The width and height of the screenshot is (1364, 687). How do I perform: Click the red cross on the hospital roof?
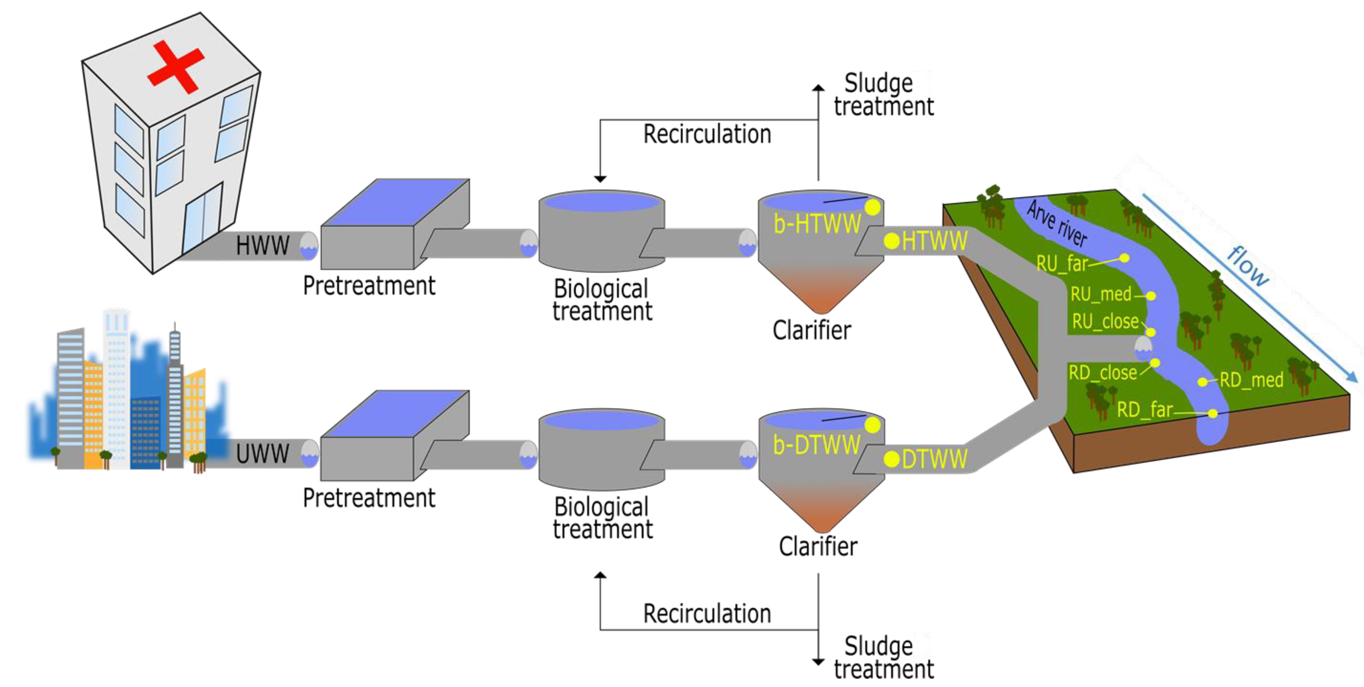pos(176,66)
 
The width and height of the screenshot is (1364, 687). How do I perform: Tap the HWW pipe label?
pos(263,246)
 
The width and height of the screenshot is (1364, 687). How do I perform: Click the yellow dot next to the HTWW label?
pos(892,241)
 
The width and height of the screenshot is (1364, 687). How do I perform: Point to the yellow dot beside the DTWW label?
pos(892,459)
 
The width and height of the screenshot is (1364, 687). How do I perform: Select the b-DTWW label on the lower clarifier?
pos(816,444)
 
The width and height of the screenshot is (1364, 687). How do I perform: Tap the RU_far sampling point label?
pos(1061,263)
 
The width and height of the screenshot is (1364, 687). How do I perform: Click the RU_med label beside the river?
pos(1100,294)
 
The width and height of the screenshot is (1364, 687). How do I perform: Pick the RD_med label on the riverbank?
pos(1251,380)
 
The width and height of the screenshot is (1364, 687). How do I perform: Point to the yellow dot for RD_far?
pos(1213,413)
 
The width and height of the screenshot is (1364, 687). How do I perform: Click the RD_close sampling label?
pos(1102,373)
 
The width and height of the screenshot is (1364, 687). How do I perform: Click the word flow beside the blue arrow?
pos(1249,266)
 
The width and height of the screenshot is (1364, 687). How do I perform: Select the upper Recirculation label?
pos(707,134)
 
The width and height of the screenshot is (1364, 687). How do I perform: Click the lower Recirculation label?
pos(707,614)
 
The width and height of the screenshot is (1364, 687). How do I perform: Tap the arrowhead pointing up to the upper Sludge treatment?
pos(818,88)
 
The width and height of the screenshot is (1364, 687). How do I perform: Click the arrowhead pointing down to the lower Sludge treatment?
pos(818,662)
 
